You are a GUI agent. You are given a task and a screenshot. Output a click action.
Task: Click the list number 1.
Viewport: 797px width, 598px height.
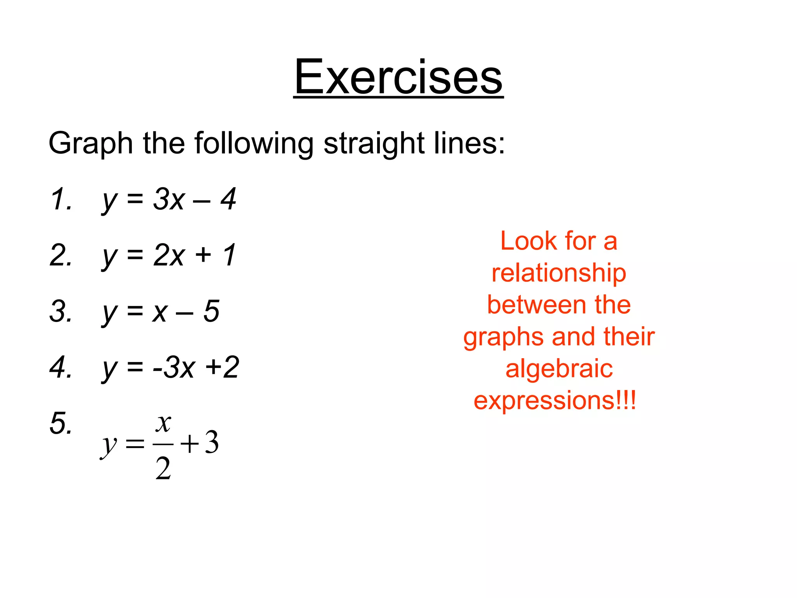coord(61,199)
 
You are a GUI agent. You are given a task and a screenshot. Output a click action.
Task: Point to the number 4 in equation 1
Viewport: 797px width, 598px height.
coord(228,199)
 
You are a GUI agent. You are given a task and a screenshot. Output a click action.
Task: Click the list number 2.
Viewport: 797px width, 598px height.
coord(61,255)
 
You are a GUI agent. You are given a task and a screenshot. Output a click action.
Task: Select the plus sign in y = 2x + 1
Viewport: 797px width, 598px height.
coord(203,256)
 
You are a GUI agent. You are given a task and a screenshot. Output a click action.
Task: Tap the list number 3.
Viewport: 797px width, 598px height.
coord(61,311)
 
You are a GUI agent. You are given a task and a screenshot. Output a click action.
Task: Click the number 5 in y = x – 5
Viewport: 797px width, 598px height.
coord(211,311)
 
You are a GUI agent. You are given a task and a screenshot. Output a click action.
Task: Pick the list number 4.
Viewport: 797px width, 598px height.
coord(61,368)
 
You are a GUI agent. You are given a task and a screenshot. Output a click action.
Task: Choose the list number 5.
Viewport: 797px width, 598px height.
coord(61,424)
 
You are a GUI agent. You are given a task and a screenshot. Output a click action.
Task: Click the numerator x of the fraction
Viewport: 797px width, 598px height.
coord(163,423)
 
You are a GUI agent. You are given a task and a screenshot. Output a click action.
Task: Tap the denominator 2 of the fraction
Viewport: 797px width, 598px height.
coord(163,468)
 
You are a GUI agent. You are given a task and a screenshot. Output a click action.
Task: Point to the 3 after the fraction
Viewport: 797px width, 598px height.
coord(212,443)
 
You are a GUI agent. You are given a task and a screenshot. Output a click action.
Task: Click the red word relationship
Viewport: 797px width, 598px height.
coord(559,274)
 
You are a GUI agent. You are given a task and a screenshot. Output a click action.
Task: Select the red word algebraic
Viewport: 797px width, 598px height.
coord(559,369)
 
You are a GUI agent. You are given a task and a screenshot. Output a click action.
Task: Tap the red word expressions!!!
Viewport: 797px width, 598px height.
coord(555,401)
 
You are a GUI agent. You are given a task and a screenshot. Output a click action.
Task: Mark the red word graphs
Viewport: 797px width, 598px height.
coord(502,338)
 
